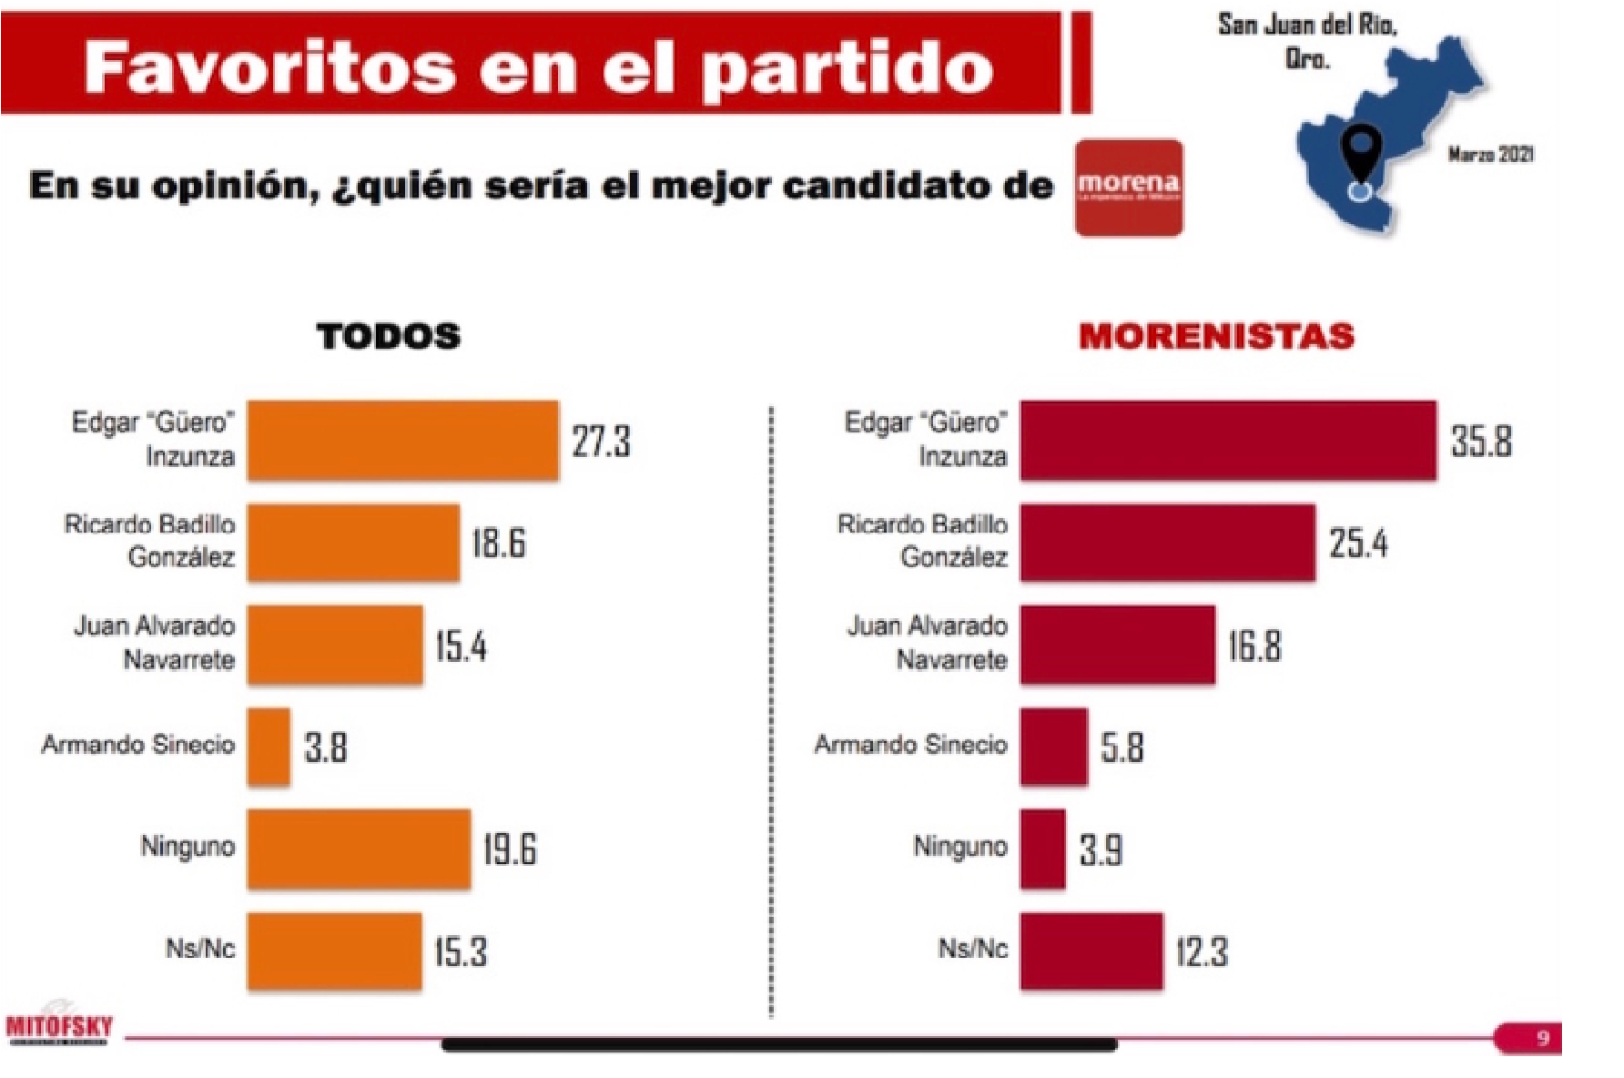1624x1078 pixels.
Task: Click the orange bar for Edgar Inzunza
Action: coord(402,441)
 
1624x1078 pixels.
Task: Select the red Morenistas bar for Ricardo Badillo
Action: coord(1167,543)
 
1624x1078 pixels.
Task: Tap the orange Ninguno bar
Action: coord(359,849)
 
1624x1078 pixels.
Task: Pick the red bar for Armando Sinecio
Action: coord(1053,747)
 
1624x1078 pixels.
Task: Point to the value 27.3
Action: coord(601,442)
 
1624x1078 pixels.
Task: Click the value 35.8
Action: coord(1481,442)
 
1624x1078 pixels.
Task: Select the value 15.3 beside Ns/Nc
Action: coord(461,951)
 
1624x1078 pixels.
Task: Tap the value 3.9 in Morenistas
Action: coord(1101,849)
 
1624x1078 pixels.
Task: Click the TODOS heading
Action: coord(389,337)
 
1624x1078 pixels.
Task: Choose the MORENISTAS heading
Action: coord(1216,337)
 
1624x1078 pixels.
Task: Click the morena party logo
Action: coord(1129,188)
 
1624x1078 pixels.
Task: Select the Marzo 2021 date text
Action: coord(1490,155)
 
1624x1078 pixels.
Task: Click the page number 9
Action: coord(1543,1038)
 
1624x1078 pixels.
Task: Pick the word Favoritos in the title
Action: coord(269,68)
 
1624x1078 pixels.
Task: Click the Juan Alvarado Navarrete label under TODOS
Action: coord(156,643)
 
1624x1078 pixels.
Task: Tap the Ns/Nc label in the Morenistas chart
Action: coord(973,950)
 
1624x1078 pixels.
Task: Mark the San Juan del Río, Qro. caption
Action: coord(1307,42)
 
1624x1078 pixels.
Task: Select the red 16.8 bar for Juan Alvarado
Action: coord(1117,645)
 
